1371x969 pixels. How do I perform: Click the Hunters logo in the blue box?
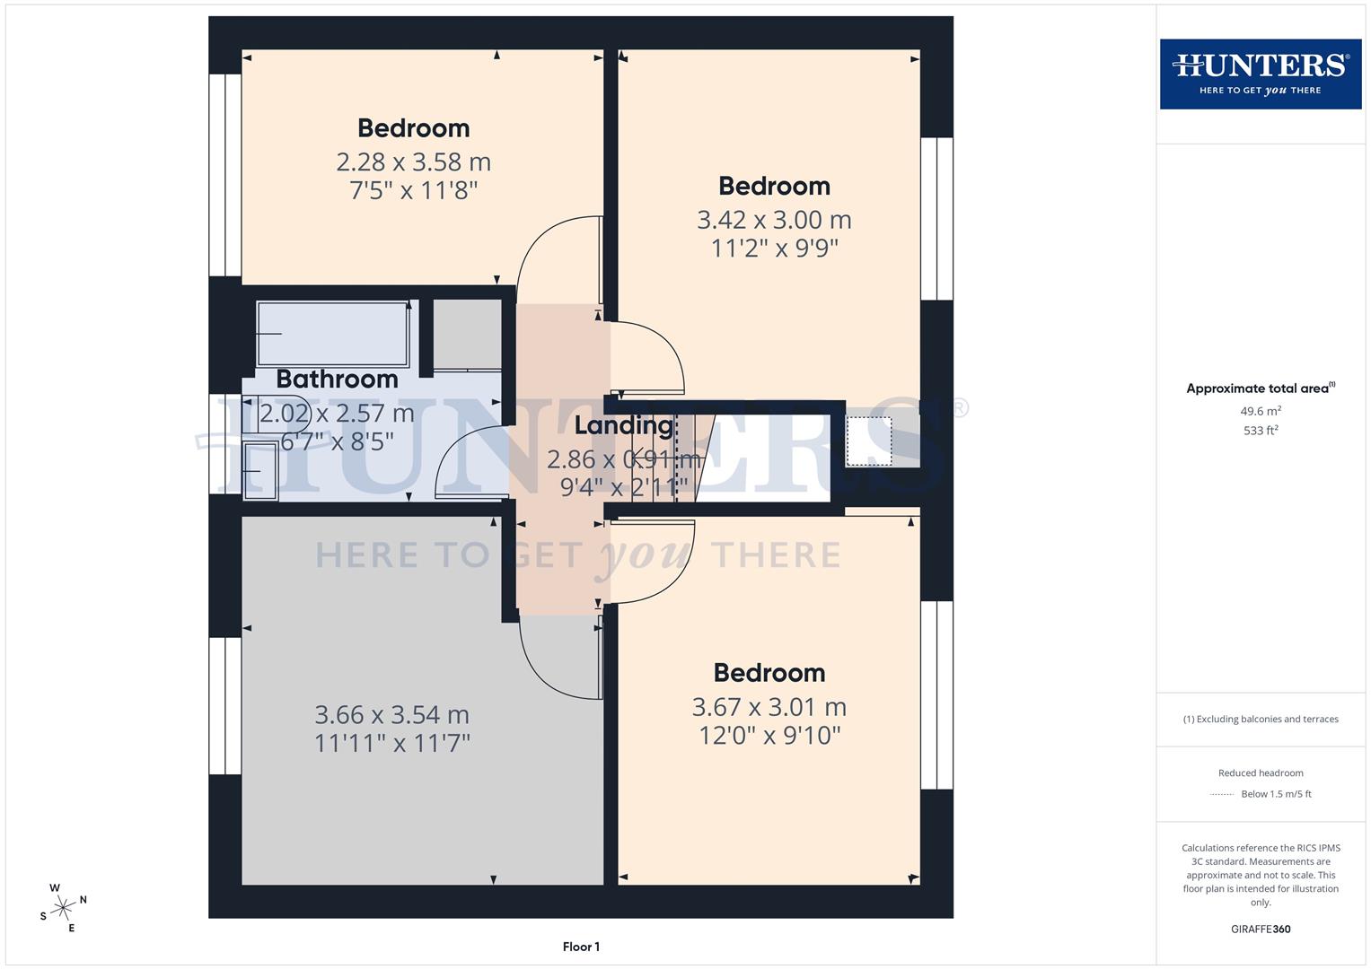tap(1260, 74)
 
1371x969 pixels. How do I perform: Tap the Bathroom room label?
tap(337, 379)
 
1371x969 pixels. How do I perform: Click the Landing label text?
tap(624, 425)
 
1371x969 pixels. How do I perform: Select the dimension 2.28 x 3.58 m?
tap(413, 162)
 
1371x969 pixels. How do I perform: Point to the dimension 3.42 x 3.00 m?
tap(774, 220)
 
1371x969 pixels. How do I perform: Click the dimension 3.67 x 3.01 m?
tap(769, 707)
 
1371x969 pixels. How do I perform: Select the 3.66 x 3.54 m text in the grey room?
tap(391, 715)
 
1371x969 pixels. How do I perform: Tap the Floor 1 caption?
tap(581, 947)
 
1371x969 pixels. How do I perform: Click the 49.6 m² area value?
tap(1260, 411)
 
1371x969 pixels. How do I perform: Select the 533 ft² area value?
tap(1260, 431)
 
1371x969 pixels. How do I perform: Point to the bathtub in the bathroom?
tap(332, 334)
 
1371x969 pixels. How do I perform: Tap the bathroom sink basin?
tap(260, 470)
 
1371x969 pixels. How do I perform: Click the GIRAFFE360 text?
tap(1260, 929)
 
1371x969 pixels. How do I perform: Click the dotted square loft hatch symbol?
tap(868, 441)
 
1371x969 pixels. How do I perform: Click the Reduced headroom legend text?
tap(1260, 773)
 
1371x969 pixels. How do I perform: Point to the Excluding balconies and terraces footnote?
tap(1260, 719)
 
